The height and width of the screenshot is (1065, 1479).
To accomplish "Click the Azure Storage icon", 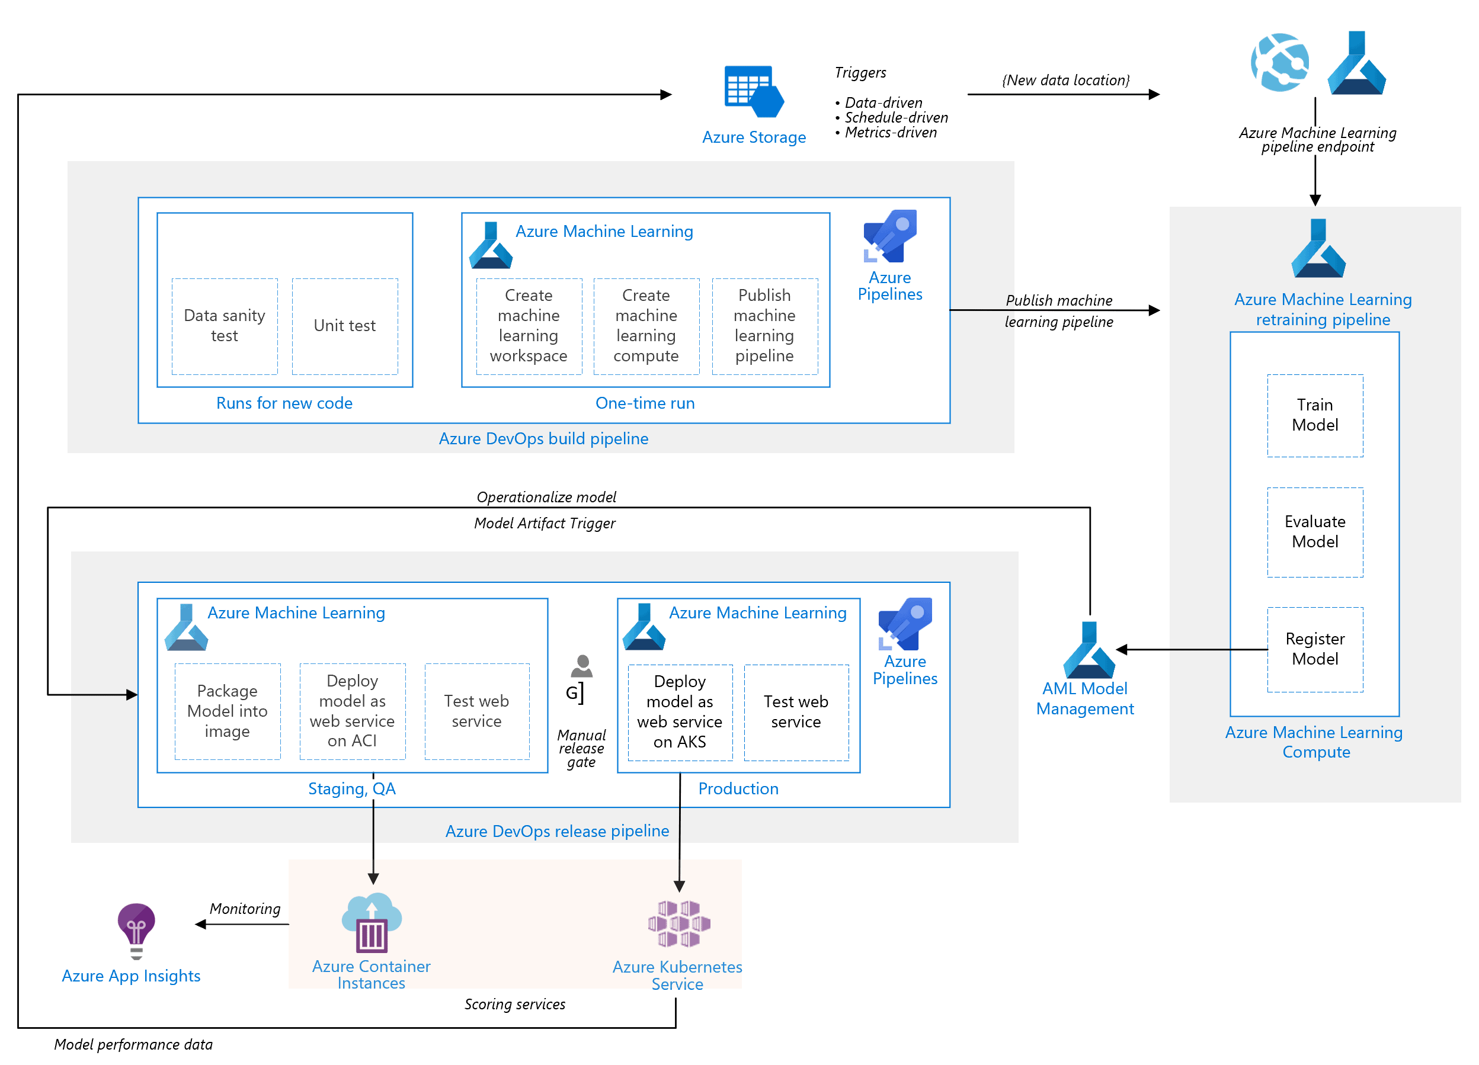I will (x=754, y=91).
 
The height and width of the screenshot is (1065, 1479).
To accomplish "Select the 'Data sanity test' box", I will (x=225, y=326).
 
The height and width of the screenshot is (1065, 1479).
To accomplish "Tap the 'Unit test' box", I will (x=345, y=326).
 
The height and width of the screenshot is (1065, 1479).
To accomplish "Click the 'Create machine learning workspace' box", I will (x=529, y=326).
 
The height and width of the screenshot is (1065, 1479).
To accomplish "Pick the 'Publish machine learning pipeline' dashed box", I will (x=764, y=326).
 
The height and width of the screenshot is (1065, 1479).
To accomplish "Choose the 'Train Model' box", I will (x=1315, y=415).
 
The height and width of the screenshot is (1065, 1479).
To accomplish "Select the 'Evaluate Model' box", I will (x=1315, y=532).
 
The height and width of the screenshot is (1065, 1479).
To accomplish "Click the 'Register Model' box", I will (x=1315, y=649).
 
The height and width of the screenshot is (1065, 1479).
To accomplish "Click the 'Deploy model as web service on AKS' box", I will (x=680, y=712).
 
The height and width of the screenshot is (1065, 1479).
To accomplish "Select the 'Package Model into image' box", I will (x=228, y=711).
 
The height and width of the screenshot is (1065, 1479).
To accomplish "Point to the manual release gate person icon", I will (x=582, y=666).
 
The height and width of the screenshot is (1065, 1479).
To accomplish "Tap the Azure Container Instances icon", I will (x=372, y=923).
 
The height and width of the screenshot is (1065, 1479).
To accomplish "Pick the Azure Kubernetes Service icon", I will (x=679, y=923).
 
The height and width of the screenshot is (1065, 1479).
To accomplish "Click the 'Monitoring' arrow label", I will (x=245, y=909).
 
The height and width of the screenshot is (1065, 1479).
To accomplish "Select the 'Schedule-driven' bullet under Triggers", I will (x=896, y=117).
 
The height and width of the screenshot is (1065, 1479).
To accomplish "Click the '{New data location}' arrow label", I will (x=1065, y=80).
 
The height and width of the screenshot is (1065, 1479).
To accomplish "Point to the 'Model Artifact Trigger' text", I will (x=545, y=524).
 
